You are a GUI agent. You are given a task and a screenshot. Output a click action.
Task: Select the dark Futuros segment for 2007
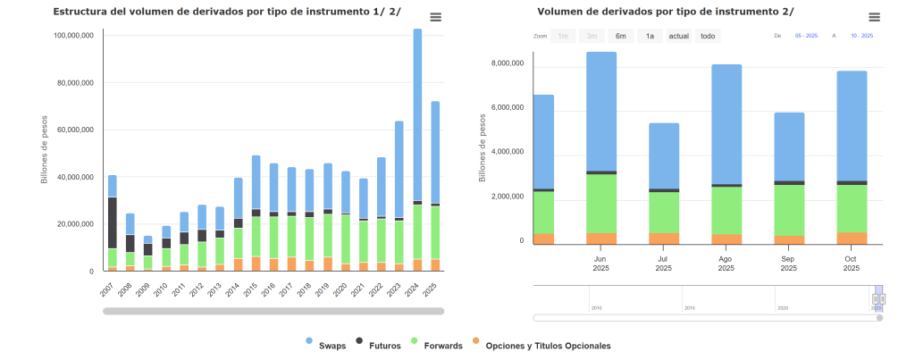click(x=113, y=222)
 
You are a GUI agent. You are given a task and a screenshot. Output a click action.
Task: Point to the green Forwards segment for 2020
click(x=346, y=239)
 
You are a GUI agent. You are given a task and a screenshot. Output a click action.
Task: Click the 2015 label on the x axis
click(x=254, y=290)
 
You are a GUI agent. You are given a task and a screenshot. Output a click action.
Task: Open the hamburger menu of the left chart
click(x=435, y=17)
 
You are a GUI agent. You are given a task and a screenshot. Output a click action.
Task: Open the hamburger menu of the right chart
click(x=874, y=17)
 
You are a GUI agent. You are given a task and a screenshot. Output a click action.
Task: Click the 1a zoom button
click(x=650, y=36)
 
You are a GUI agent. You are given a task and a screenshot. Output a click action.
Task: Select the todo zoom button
click(x=708, y=36)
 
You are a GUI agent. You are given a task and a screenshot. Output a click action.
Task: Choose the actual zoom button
click(x=679, y=36)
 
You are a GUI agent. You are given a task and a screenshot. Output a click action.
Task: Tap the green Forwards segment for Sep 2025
click(x=789, y=210)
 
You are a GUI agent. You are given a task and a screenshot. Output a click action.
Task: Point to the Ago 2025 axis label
click(x=726, y=264)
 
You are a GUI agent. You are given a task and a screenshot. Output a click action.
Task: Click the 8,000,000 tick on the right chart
click(x=508, y=63)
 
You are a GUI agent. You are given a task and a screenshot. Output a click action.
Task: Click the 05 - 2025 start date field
click(x=807, y=36)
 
